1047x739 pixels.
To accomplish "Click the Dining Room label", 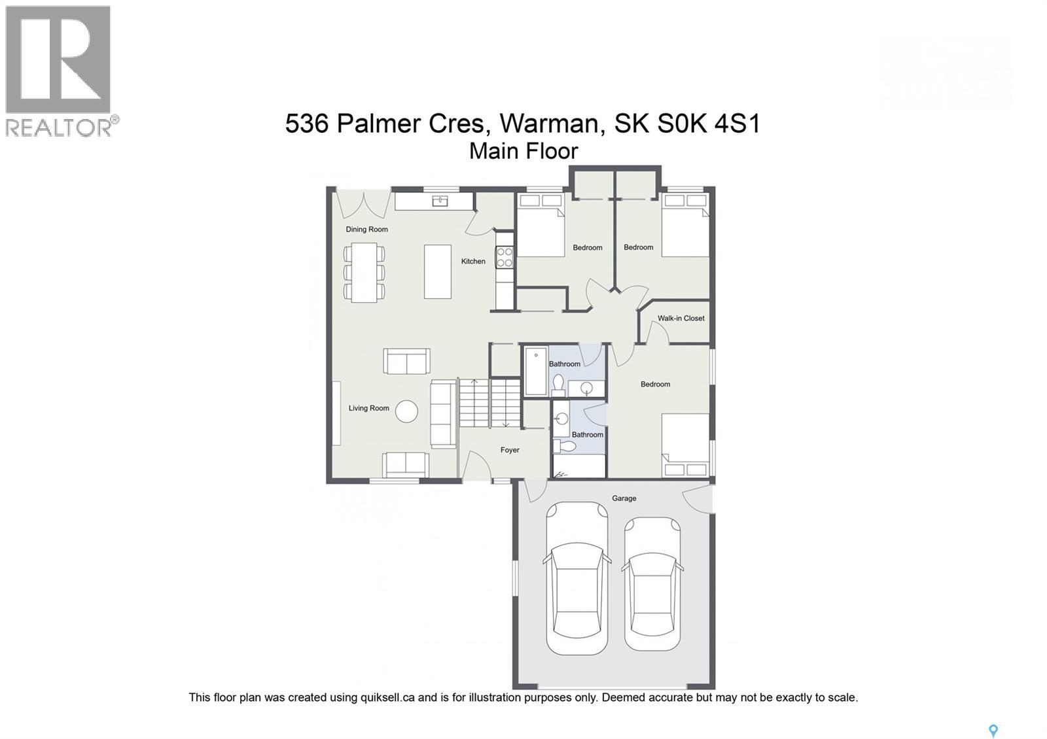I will coord(366,230).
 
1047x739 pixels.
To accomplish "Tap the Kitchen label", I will coord(473,262).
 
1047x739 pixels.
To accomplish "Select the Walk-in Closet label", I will coord(681,318).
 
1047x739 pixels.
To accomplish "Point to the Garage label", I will coord(624,498).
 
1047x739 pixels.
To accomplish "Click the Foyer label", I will coord(510,450).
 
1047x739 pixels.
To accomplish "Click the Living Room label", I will coord(368,408).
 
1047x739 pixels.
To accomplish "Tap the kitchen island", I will coord(438,271).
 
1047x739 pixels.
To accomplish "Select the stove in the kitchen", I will coord(504,257).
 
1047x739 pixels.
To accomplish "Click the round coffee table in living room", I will coord(407,411).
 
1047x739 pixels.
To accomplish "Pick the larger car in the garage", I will coord(577,579).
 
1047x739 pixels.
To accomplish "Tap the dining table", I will coord(364,272).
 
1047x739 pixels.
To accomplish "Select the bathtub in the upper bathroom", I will coord(536,371).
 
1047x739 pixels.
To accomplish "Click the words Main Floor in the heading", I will coord(523,151).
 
